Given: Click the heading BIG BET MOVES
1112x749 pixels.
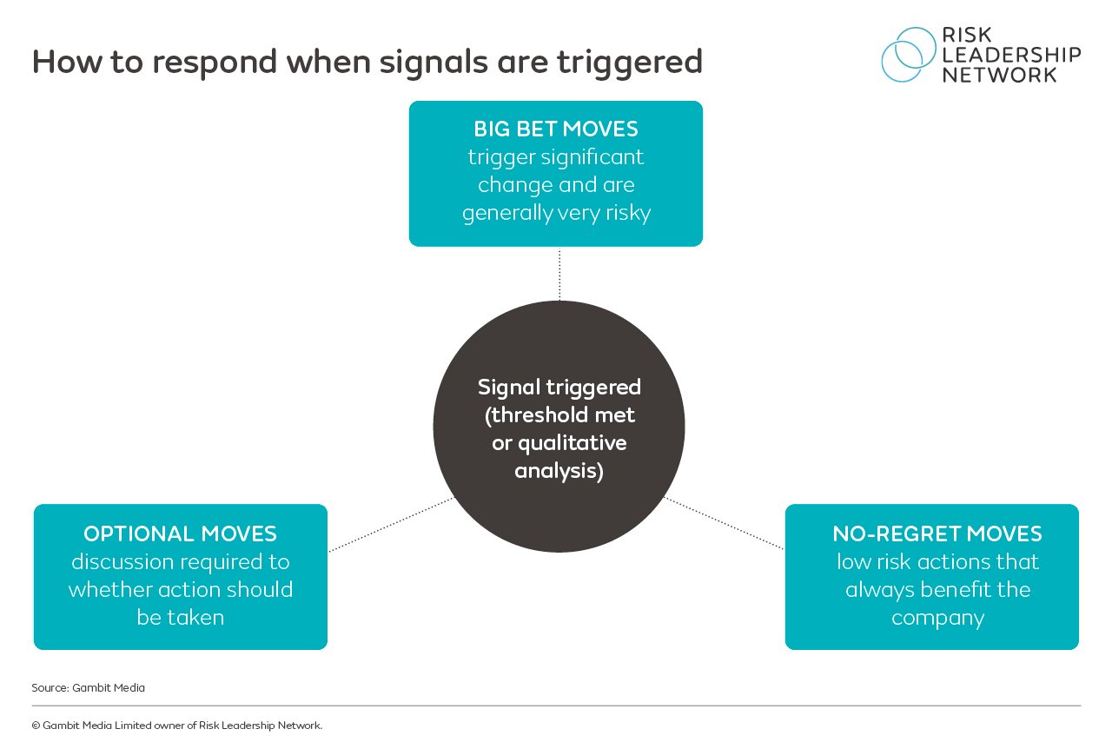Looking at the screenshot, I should (556, 129).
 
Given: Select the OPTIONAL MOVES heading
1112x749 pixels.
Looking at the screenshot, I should (180, 534).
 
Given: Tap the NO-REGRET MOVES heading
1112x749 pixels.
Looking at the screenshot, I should (937, 534).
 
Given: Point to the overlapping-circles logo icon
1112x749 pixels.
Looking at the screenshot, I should (908, 54).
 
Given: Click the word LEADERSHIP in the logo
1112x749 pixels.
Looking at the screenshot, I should (1011, 55).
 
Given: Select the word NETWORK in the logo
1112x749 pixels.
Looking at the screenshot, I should (1000, 75).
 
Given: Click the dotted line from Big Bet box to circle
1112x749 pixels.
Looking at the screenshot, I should (559, 274).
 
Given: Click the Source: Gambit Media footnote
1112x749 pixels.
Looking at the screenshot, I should (88, 687).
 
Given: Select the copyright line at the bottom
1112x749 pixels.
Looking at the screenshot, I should (176, 726).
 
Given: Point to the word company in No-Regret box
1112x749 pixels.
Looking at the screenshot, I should (937, 618).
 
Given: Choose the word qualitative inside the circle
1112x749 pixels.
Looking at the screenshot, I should (572, 443).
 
